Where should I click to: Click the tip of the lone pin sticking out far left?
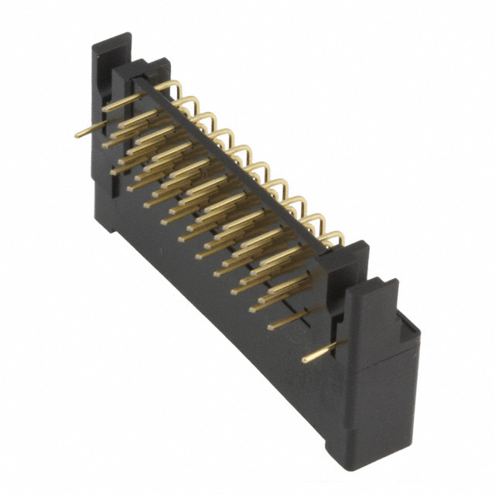77,135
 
